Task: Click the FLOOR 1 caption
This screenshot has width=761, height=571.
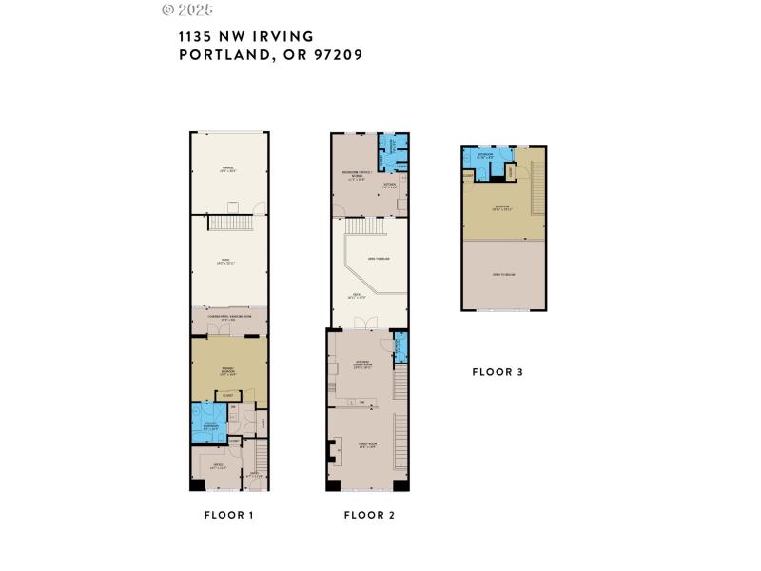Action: pos(228,515)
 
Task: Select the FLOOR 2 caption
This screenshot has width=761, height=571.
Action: pos(369,515)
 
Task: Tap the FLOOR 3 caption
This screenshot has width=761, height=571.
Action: pos(498,372)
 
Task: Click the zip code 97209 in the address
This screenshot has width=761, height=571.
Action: pos(332,55)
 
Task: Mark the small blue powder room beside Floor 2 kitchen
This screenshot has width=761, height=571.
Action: pos(400,346)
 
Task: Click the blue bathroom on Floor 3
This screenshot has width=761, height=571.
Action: pos(486,159)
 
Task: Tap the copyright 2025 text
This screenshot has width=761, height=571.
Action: pos(187,10)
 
